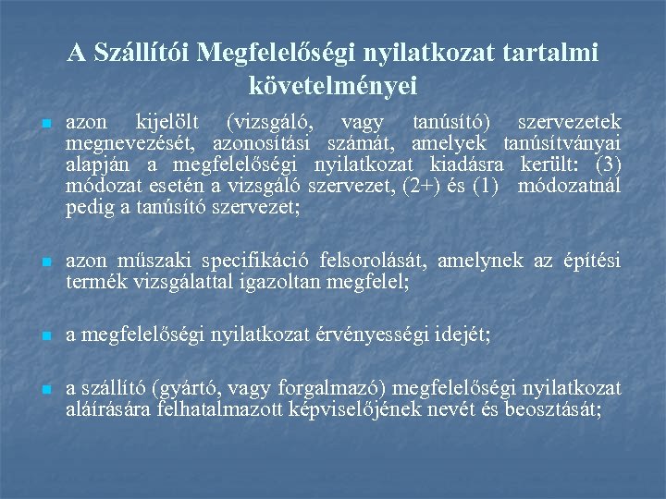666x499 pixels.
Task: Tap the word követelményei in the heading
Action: pos(333,86)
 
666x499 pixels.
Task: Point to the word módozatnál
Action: pos(569,186)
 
